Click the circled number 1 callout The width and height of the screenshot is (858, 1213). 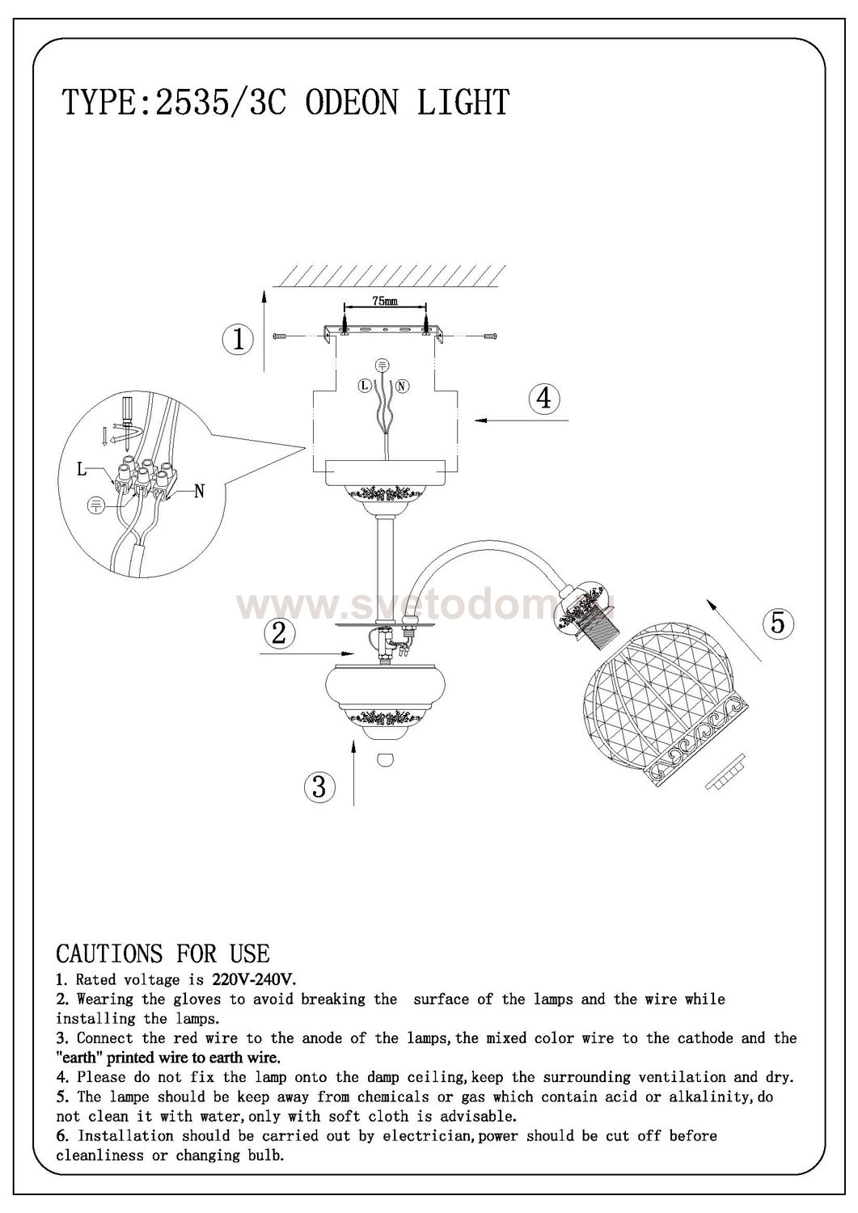238,339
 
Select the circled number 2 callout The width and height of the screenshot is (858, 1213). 280,633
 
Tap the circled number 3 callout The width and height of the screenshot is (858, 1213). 319,785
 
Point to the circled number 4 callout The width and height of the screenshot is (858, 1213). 544,399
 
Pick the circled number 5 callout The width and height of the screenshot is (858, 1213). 779,622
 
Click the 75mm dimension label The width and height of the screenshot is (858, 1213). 385,301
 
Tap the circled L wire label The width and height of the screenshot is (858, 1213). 365,386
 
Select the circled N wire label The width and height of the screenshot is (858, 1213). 403,386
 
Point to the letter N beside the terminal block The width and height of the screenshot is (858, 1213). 199,491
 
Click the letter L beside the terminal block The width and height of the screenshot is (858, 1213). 82,469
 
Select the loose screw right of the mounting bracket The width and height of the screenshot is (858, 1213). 489,336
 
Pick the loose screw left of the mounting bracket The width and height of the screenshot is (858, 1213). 281,336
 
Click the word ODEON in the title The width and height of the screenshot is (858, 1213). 351,103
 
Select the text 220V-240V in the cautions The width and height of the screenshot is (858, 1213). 251,979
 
